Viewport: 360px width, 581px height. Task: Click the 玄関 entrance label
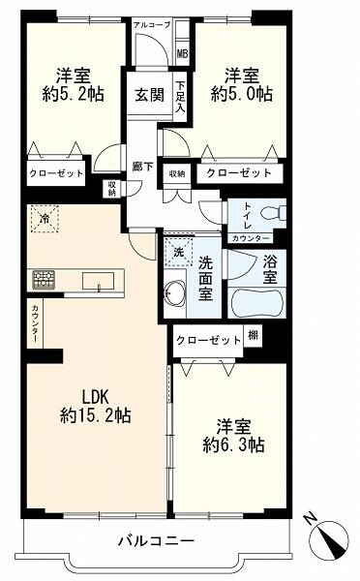(x=149, y=95)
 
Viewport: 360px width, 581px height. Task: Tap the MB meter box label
(x=182, y=54)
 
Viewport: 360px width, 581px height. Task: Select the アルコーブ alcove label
(x=152, y=25)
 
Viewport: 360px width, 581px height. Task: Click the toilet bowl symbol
(x=273, y=213)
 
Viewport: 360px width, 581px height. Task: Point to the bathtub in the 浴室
(x=257, y=303)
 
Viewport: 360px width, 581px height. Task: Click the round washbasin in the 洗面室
(x=174, y=294)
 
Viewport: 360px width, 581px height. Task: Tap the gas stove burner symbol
(x=44, y=280)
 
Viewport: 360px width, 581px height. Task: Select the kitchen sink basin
(x=98, y=281)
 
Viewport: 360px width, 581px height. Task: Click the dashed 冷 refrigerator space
(x=45, y=219)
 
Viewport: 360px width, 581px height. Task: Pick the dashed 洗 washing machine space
(x=179, y=253)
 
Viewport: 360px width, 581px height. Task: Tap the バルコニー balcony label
(x=156, y=541)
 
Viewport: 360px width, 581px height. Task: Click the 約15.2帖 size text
(x=95, y=415)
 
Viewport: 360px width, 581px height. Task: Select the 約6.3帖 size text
(x=234, y=444)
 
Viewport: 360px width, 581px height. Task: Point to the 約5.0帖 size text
(x=242, y=93)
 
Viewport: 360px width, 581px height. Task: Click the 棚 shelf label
(x=253, y=335)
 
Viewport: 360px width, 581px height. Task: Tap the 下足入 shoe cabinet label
(x=181, y=97)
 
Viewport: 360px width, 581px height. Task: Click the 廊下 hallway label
(x=143, y=167)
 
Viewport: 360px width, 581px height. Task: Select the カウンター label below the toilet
(x=251, y=238)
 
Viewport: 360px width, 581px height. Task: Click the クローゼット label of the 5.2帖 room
(x=56, y=173)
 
